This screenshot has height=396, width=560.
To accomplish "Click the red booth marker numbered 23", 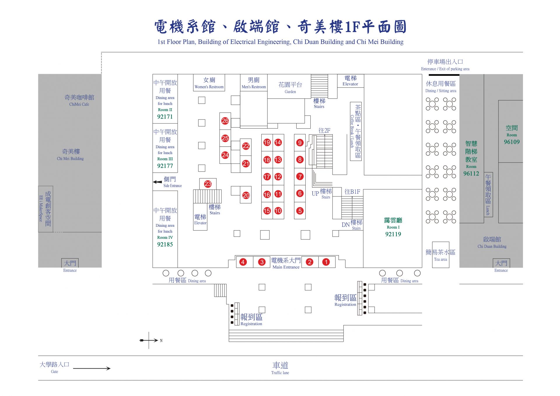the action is tap(208, 184).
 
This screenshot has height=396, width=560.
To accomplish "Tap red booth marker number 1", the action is tap(326, 262).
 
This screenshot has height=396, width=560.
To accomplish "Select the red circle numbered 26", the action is tap(225, 121).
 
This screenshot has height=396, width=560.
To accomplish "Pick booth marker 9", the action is tap(300, 143).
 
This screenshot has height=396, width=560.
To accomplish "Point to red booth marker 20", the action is tap(246, 195).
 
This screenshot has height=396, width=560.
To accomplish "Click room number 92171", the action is tap(165, 117).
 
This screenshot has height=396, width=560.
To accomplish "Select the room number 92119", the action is tap(393, 234).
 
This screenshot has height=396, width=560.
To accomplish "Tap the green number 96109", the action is tap(512, 142).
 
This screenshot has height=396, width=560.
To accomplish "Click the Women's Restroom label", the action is tap(209, 87).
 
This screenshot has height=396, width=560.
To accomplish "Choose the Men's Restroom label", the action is tap(254, 87).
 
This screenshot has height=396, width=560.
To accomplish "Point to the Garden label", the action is tap(290, 92).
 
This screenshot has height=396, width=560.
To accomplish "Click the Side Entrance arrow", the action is tap(157, 182).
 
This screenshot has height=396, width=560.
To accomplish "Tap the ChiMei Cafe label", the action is tap(79, 104).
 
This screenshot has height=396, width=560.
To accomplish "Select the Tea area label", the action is tap(440, 259).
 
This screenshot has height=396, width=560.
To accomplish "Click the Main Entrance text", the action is tap(286, 267).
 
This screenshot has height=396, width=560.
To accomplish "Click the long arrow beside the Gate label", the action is tap(92, 369).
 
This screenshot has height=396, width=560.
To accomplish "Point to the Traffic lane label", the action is tap(280, 373).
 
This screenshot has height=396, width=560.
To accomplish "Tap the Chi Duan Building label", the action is tap(492, 246).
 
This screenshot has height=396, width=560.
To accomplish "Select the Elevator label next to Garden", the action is tap(350, 84).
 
